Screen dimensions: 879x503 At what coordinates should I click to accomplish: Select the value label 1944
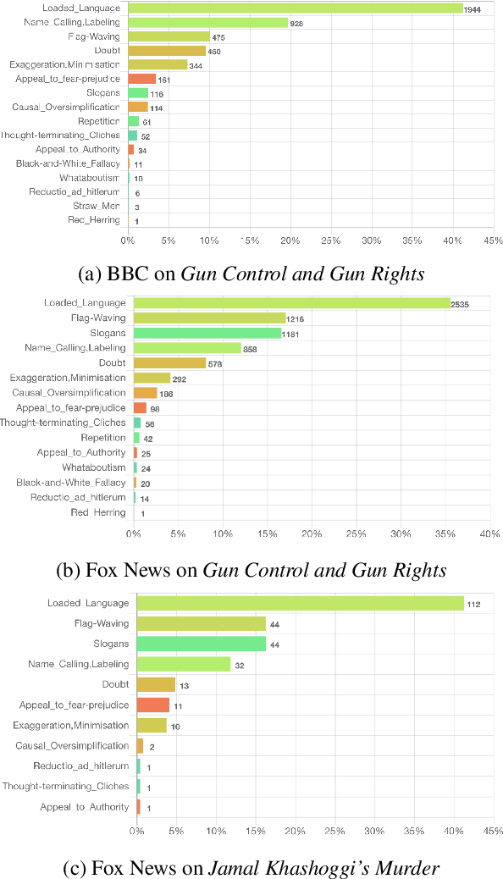coord(475,8)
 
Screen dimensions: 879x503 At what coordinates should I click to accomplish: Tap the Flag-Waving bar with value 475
coord(169,36)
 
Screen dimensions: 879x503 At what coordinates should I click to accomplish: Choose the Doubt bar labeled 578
coord(169,363)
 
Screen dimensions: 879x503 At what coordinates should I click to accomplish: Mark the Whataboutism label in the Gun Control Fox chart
coord(93,467)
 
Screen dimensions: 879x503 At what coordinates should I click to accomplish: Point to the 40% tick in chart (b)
coord(489,533)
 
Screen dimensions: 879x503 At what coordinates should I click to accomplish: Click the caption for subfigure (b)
coord(251,569)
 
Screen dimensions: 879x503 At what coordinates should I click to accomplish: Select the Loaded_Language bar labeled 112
coord(300,603)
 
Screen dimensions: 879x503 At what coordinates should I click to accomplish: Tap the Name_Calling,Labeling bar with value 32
coord(183,664)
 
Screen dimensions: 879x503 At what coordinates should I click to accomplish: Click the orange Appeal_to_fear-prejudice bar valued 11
coord(152,705)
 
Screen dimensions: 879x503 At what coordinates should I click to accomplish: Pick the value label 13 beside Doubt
coord(185,685)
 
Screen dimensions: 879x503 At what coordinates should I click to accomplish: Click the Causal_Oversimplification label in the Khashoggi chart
coord(73,745)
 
